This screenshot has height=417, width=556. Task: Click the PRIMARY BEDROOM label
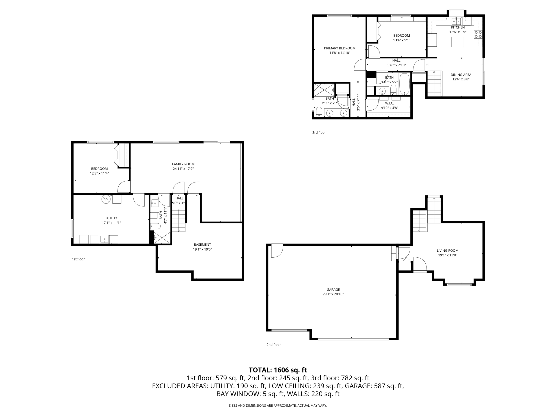click(340, 48)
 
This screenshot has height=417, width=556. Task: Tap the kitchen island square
click(457, 42)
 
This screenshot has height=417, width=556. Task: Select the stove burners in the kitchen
click(478, 34)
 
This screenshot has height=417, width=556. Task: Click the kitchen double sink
click(456, 21)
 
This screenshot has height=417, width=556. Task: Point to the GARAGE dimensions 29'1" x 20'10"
click(333, 294)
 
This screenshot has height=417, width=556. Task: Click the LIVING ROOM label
click(447, 251)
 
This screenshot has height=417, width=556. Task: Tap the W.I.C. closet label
click(389, 103)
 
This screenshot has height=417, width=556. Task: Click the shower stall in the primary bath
click(324, 90)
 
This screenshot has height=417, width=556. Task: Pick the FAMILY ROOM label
click(183, 164)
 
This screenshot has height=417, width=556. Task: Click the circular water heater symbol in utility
click(106, 199)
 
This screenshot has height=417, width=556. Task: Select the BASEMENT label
click(202, 245)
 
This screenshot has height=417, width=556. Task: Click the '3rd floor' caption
click(319, 132)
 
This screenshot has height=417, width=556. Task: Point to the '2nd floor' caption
click(273, 345)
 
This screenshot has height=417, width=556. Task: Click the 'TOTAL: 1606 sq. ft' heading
click(278, 370)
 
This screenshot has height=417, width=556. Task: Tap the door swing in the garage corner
click(276, 251)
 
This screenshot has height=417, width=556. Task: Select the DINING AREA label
click(461, 75)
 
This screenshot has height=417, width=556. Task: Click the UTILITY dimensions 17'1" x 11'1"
click(111, 223)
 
